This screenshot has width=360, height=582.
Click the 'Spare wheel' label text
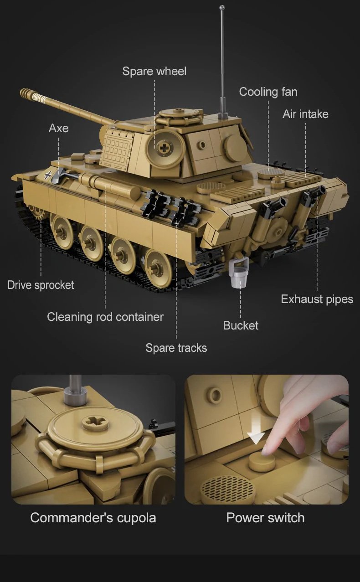154,72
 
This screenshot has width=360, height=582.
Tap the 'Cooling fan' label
268,92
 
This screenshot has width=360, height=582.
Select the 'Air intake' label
305,114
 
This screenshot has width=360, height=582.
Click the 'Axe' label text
58,129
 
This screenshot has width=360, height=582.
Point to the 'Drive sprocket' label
41,285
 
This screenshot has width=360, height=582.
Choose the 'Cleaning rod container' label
105,317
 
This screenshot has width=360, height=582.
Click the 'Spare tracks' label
176,348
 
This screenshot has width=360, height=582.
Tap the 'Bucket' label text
240,325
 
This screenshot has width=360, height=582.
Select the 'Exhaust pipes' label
317,299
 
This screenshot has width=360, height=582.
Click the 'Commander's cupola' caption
93,518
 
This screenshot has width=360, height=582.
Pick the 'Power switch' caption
265,518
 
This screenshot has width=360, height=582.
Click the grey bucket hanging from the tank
239,276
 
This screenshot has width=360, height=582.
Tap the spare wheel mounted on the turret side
165,148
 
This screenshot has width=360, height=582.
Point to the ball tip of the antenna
222,8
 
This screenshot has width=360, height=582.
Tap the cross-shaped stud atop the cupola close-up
95,422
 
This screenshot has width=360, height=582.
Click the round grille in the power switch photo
226,489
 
